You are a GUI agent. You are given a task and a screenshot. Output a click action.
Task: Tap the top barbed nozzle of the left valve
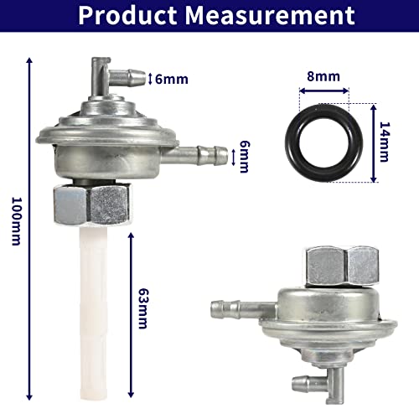tap(116, 80)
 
